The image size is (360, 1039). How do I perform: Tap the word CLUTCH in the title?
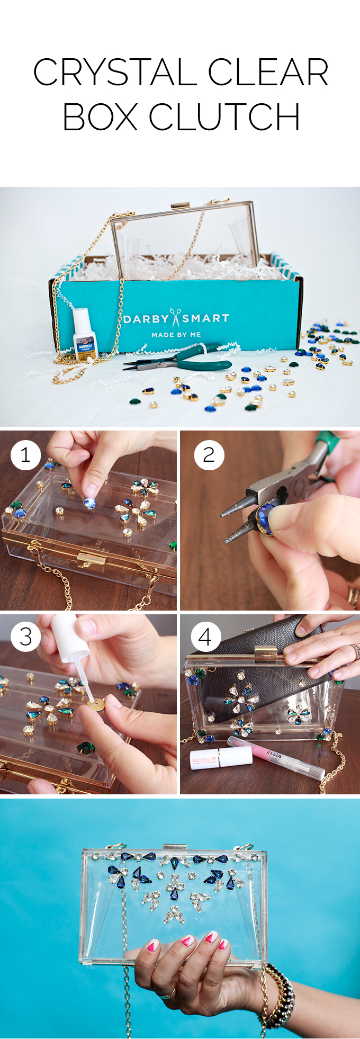pos(224,117)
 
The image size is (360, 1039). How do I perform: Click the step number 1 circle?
pos(25,454)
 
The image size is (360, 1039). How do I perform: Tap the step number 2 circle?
pos(209,454)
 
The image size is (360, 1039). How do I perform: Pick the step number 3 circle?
pos(25,637)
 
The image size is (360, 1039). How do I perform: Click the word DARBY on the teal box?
pos(146,319)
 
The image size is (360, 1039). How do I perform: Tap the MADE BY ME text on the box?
pos(176,335)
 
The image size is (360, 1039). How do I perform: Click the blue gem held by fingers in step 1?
pos(89,503)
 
